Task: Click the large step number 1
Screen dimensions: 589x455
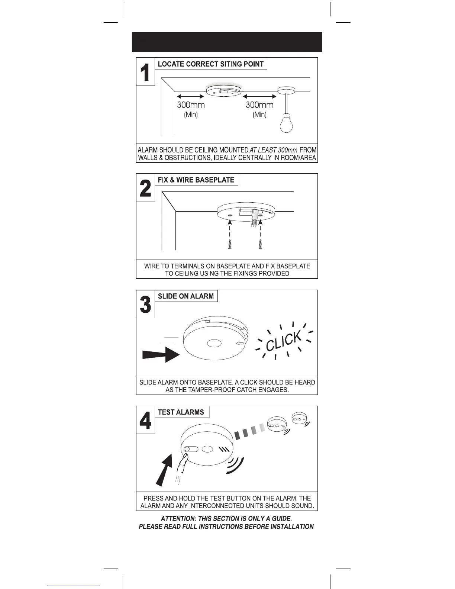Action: [145, 72]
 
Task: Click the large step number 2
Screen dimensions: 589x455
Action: [145, 188]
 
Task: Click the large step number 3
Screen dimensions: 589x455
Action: [145, 305]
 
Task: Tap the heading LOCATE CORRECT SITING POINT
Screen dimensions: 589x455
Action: [210, 64]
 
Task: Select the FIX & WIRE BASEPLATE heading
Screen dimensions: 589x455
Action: [196, 180]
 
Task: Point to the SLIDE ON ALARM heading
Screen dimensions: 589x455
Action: [185, 296]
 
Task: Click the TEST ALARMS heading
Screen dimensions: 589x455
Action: [181, 412]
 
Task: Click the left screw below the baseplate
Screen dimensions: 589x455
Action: [230, 245]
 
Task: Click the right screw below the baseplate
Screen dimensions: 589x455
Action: [260, 245]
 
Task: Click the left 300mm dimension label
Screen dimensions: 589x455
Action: [191, 105]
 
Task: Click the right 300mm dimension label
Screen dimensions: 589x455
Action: [259, 105]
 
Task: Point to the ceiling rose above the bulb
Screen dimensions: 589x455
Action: [286, 90]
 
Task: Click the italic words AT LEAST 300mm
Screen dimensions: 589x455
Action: [274, 150]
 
